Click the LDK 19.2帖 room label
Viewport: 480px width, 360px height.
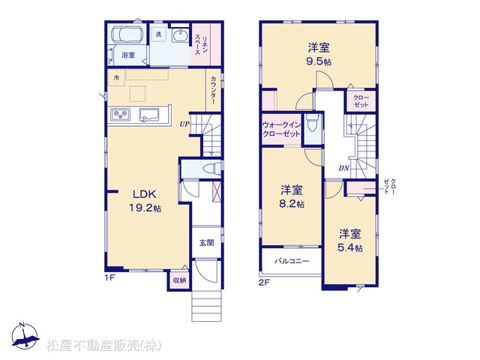tap(145, 201)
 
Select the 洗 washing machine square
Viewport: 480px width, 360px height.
tap(158, 34)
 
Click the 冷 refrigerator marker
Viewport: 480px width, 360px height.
tap(116, 78)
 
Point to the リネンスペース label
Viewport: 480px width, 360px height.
tap(202, 45)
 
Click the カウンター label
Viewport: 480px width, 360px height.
tap(213, 90)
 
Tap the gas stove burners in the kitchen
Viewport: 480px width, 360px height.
tap(120, 115)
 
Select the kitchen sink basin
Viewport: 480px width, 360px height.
tap(150, 115)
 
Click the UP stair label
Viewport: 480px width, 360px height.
tap(184, 124)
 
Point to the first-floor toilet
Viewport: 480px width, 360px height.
tap(211, 168)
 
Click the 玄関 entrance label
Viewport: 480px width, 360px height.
tap(207, 243)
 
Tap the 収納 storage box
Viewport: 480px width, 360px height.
tap(180, 280)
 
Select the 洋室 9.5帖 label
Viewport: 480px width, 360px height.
tap(319, 55)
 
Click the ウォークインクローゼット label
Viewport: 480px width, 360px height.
tap(282, 130)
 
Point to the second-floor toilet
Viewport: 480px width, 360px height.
tap(312, 123)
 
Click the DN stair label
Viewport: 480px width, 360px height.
tap(343, 168)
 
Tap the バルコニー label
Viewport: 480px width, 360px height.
tap(292, 261)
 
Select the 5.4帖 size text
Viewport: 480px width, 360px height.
tap(350, 247)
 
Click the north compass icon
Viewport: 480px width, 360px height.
tap(25, 335)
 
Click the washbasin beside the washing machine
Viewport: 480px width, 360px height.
tap(179, 36)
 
